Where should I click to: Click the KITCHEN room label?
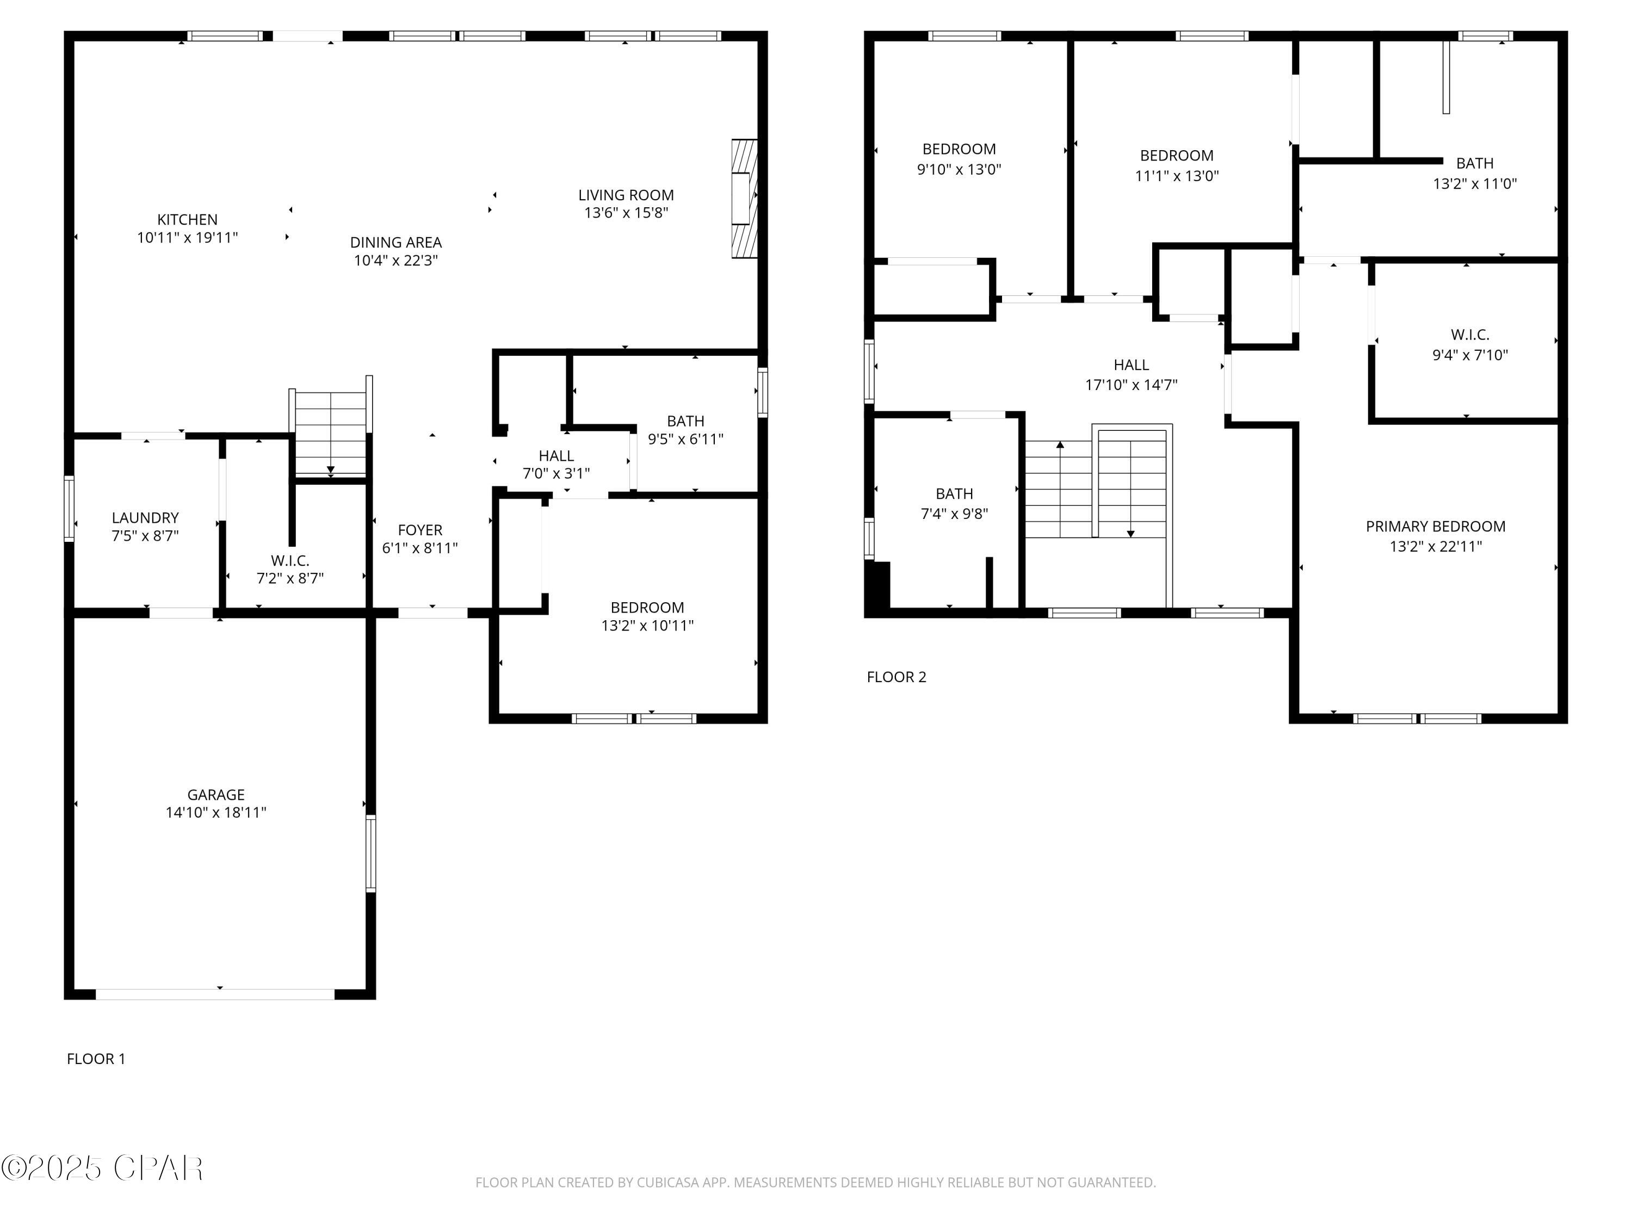[x=187, y=220]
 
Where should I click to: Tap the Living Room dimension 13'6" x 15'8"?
[x=626, y=213]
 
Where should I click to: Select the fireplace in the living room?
[x=744, y=197]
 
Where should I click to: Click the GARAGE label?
[x=215, y=795]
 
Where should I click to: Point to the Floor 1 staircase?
[x=331, y=434]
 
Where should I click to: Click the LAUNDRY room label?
[x=145, y=518]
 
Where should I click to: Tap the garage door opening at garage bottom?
[x=215, y=994]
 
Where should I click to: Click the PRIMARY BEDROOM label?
[x=1435, y=527]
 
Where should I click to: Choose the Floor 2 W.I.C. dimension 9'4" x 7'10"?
[x=1470, y=355]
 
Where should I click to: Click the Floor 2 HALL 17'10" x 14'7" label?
[x=1131, y=374]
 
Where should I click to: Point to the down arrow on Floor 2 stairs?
[x=1130, y=533]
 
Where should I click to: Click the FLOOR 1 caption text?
[x=96, y=1059]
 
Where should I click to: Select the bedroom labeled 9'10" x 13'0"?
[x=959, y=159]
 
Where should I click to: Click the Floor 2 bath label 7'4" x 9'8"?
[x=954, y=503]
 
